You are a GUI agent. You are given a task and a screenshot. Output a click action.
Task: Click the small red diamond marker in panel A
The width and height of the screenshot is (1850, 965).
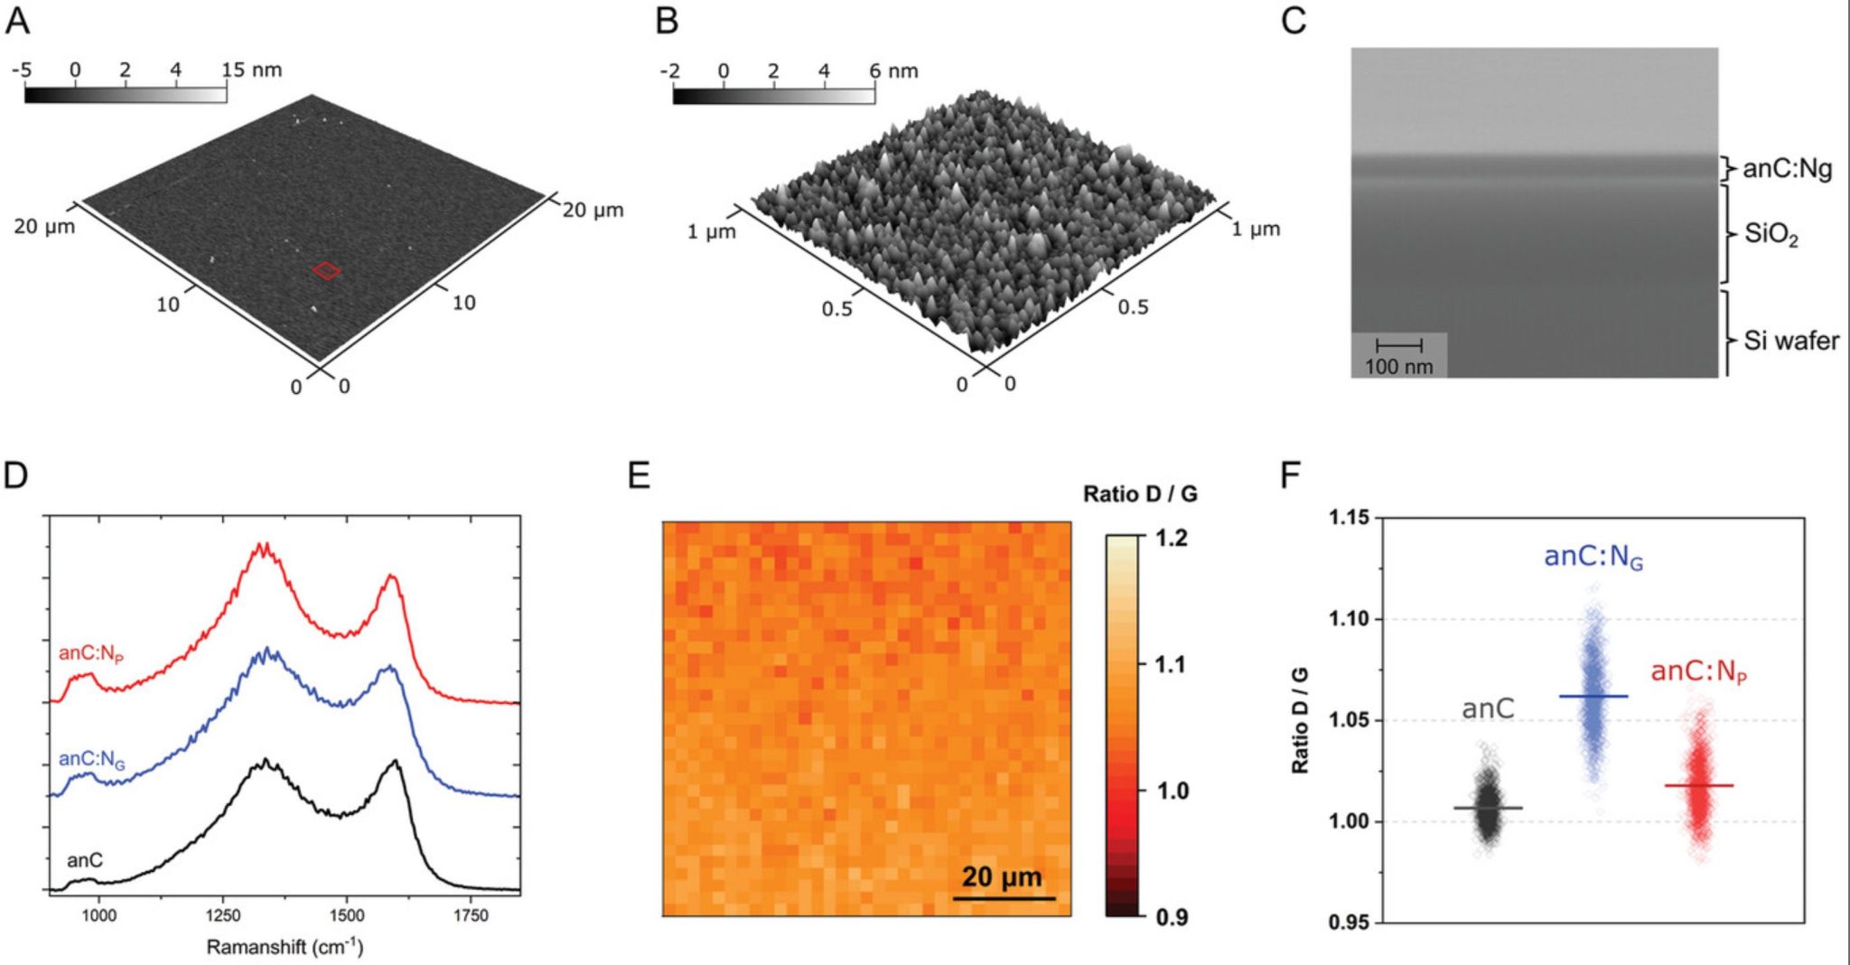point(327,270)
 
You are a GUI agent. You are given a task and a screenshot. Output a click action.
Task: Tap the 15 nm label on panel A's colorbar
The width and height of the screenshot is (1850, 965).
point(252,70)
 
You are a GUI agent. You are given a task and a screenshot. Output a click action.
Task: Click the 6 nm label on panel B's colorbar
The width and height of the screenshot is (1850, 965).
point(893,70)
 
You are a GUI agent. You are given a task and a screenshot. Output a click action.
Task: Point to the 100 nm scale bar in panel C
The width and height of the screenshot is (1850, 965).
point(1398,346)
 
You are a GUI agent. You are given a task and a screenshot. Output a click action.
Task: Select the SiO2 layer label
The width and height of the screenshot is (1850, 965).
point(1771,235)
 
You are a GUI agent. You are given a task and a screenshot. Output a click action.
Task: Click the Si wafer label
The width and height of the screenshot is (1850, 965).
point(1790,341)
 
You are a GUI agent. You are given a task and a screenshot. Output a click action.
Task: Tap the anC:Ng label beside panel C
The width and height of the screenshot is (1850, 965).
point(1787,169)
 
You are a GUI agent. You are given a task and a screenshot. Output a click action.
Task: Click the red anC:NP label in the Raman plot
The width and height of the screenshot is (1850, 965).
point(90,653)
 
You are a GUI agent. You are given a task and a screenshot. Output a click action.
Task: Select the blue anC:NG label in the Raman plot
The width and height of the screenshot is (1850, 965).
point(91,760)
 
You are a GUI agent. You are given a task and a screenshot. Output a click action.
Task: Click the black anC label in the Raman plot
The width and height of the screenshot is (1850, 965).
point(85,860)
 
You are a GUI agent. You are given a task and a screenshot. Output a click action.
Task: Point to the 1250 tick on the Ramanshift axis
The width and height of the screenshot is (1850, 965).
point(222,915)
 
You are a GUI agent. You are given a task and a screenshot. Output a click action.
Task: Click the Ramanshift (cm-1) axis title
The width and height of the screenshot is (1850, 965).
point(285,947)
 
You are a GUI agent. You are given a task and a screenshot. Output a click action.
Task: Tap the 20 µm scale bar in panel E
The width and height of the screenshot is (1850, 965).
point(1004,897)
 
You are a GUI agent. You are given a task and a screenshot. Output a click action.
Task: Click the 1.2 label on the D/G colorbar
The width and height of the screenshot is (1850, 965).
point(1172,539)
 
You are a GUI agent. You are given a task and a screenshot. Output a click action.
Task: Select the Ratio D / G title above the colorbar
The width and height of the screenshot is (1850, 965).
point(1140,493)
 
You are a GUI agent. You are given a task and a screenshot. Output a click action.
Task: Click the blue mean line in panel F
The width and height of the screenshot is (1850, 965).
point(1593,696)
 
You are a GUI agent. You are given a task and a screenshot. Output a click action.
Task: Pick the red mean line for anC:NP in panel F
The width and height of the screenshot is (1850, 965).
point(1699,785)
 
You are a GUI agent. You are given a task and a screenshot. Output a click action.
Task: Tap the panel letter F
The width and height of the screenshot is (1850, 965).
point(1291,473)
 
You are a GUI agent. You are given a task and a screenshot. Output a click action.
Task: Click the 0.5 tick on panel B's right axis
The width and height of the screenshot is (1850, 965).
point(1133,307)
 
